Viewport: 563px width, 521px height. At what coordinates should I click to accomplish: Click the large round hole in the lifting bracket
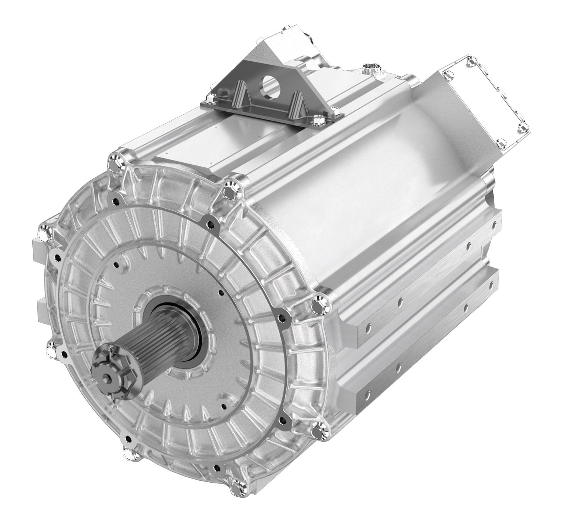[269, 84]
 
